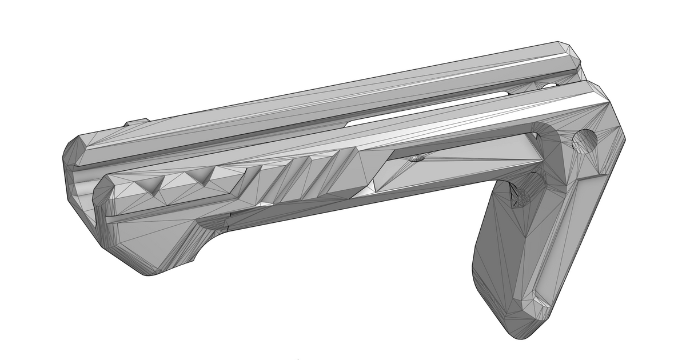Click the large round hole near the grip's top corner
point(584,141)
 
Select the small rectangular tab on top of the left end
point(136,122)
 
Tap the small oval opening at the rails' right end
point(549,86)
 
